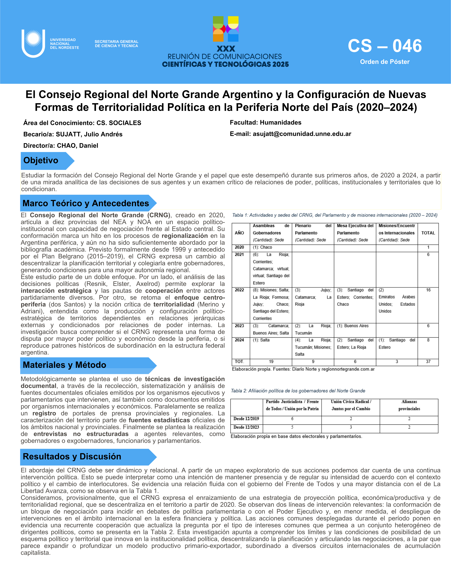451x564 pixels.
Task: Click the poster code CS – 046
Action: [385, 46]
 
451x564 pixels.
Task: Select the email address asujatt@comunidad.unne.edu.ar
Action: [302, 134]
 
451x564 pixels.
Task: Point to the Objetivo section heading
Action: [41, 160]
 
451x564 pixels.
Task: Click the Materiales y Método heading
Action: [65, 365]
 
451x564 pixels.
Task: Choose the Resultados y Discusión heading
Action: [72, 456]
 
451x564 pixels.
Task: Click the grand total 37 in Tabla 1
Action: [428, 362]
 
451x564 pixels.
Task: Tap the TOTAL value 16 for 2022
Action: [428, 290]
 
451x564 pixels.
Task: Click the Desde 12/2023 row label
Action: [246, 427]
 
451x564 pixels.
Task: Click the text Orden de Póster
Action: [385, 62]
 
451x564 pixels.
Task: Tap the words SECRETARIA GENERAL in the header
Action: [116, 42]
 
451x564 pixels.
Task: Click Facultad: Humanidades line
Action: [265, 122]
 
